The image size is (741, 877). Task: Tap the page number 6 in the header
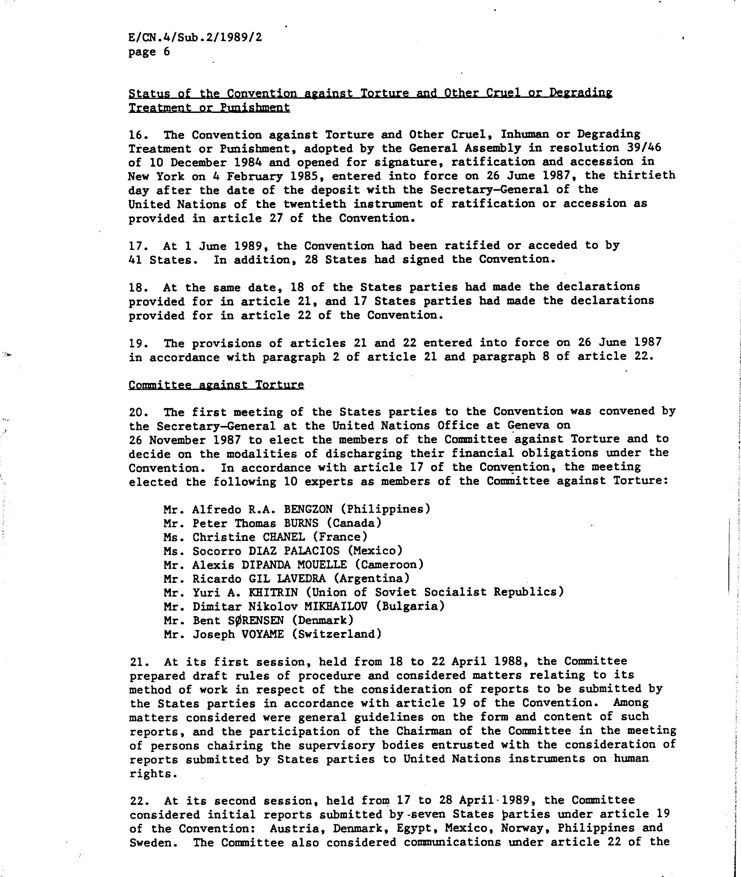(167, 52)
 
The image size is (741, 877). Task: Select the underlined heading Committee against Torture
(216, 385)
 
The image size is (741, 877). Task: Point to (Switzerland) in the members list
(337, 634)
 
